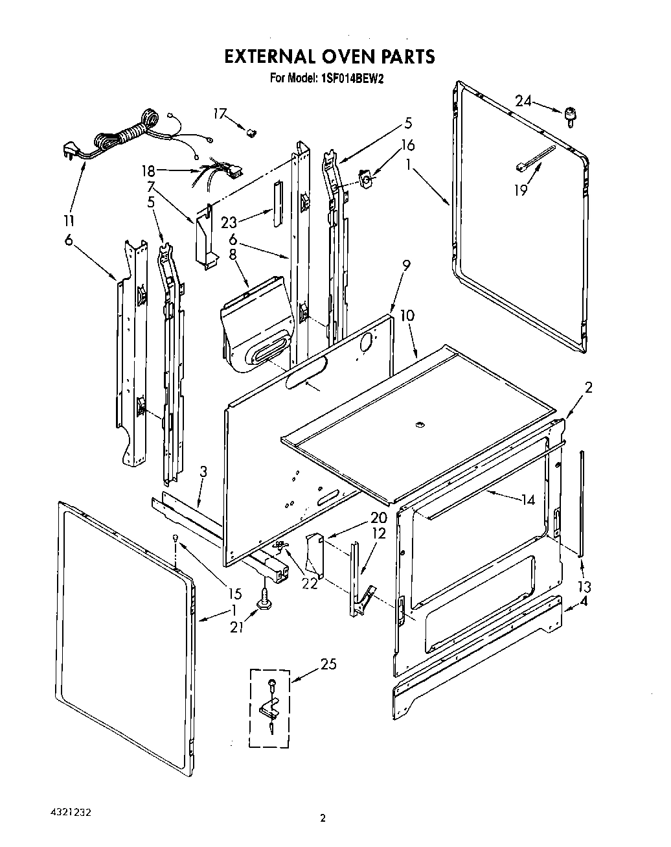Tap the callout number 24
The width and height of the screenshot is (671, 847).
click(x=523, y=100)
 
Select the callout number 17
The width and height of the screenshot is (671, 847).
click(x=220, y=114)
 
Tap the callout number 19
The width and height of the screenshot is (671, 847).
click(x=521, y=190)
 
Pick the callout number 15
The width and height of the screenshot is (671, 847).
click(x=234, y=593)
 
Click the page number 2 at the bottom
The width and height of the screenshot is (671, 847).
click(x=323, y=818)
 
